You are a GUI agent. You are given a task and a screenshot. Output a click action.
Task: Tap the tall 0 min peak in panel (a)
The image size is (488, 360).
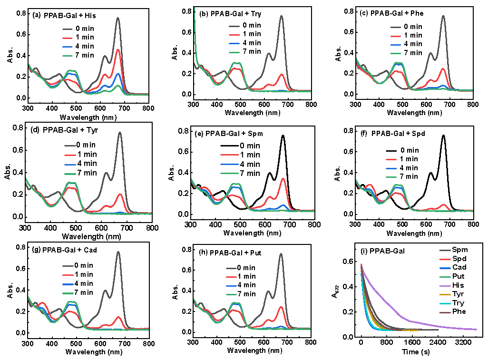(x=117, y=19)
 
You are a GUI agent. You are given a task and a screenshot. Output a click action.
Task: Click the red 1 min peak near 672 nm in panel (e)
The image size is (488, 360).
(x=283, y=179)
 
